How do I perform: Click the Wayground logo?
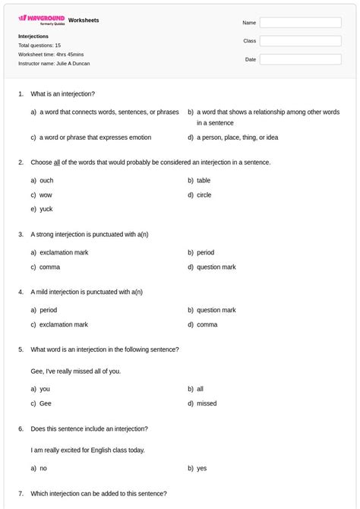point(42,18)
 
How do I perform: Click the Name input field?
point(300,23)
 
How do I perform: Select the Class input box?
point(300,41)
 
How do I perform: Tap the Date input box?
point(300,59)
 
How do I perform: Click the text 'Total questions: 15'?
point(39,46)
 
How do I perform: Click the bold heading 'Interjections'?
point(33,36)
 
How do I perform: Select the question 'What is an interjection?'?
point(62,93)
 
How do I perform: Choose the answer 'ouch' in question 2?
point(46,181)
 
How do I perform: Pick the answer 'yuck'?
point(46,209)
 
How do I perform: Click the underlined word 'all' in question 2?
point(57,162)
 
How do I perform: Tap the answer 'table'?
point(204,181)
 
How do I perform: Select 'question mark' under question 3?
point(216,267)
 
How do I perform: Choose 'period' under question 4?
point(48,310)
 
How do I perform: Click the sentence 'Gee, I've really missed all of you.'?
point(75,371)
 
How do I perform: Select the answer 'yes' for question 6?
point(202,468)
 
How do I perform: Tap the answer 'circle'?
point(204,195)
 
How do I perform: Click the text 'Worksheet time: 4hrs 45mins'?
point(51,55)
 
